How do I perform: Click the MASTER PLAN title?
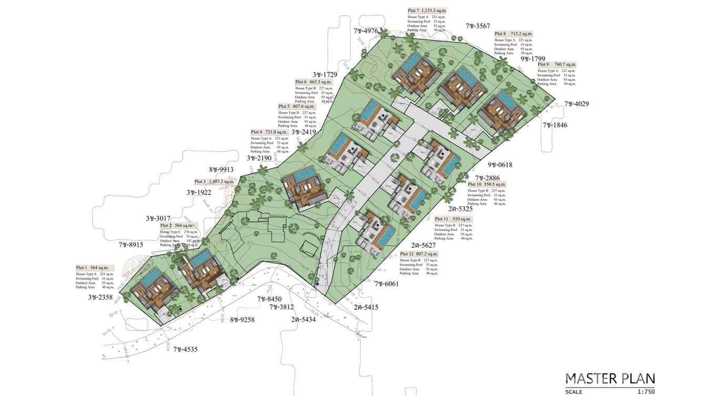(x=610, y=378)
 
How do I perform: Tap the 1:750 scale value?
(x=646, y=391)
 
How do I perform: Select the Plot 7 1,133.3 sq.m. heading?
(x=427, y=11)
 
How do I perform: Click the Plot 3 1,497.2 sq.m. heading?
(x=212, y=182)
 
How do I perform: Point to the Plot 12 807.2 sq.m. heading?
(x=418, y=254)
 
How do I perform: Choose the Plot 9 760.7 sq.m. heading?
(x=556, y=65)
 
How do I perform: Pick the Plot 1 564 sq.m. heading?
(x=92, y=267)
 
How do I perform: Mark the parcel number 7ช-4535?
(x=186, y=349)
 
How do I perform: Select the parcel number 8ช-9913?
(x=221, y=170)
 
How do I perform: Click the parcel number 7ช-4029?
(x=576, y=104)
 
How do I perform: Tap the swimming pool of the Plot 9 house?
(x=505, y=98)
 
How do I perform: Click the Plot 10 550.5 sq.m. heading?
(x=487, y=184)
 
